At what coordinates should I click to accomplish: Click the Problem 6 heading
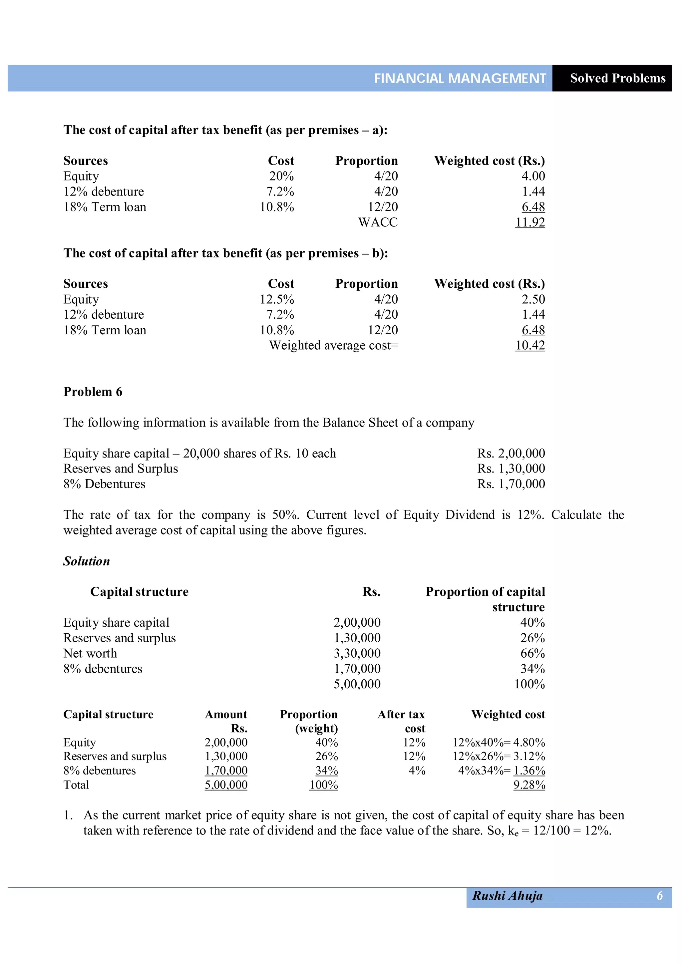tap(93, 392)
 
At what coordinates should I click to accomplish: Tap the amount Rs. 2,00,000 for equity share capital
tap(511, 453)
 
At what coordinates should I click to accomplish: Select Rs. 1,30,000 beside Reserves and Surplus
tap(511, 468)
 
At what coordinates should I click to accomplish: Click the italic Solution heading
tap(87, 561)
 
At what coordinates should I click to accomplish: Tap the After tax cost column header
tap(402, 721)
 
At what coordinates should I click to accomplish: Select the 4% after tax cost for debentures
tap(417, 771)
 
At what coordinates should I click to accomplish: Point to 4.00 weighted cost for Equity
tap(533, 176)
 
